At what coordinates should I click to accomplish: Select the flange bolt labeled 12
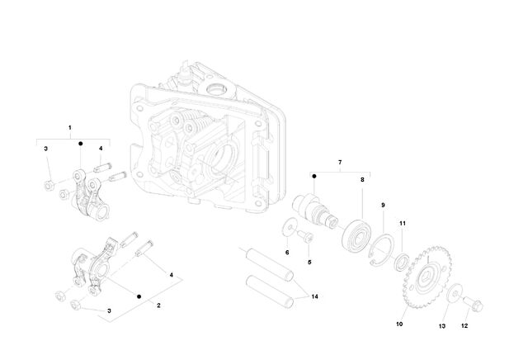[473, 304]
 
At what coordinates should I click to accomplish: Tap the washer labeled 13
[455, 291]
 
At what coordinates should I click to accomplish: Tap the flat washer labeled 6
[289, 228]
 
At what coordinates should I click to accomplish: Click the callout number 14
[314, 296]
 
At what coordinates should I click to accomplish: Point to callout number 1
[70, 128]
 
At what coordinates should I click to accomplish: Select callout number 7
[340, 163]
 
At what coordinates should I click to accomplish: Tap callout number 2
[158, 306]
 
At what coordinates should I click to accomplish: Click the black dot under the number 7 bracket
[314, 177]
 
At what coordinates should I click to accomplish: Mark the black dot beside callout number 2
[139, 296]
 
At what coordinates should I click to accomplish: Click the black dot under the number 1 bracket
[81, 144]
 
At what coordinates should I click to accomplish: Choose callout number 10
[399, 324]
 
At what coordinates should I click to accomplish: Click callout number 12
[464, 326]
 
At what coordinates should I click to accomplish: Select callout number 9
[383, 206]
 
